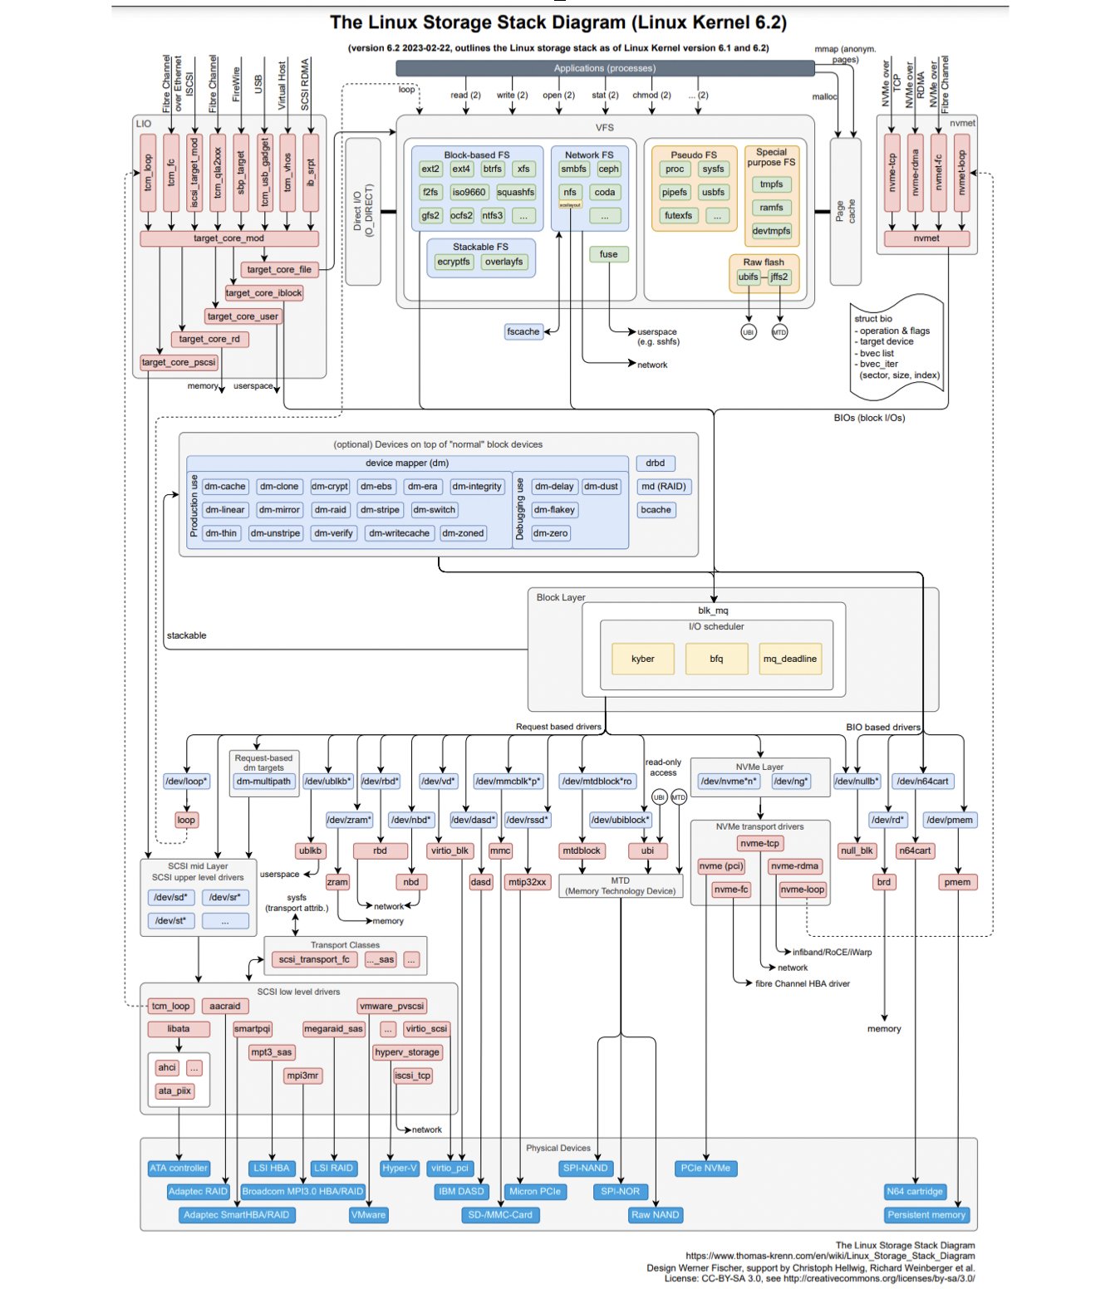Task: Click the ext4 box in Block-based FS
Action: point(461,169)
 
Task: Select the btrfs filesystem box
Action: point(493,169)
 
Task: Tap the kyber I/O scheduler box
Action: point(642,659)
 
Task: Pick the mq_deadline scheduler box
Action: point(789,659)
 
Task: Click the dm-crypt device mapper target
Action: point(330,487)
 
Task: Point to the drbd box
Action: point(655,463)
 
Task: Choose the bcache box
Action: point(655,510)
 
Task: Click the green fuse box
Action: point(608,255)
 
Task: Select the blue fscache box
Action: point(523,332)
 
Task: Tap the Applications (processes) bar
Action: point(604,68)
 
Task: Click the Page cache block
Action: point(845,212)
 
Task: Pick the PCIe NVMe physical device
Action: point(705,1169)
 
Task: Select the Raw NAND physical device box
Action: point(655,1215)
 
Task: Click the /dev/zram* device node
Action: point(349,821)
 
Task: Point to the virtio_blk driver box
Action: point(449,850)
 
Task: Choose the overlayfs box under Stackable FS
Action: point(504,262)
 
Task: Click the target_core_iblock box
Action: point(263,293)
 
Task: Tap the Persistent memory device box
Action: point(926,1215)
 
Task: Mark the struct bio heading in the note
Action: point(872,319)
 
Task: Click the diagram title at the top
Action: point(558,22)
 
